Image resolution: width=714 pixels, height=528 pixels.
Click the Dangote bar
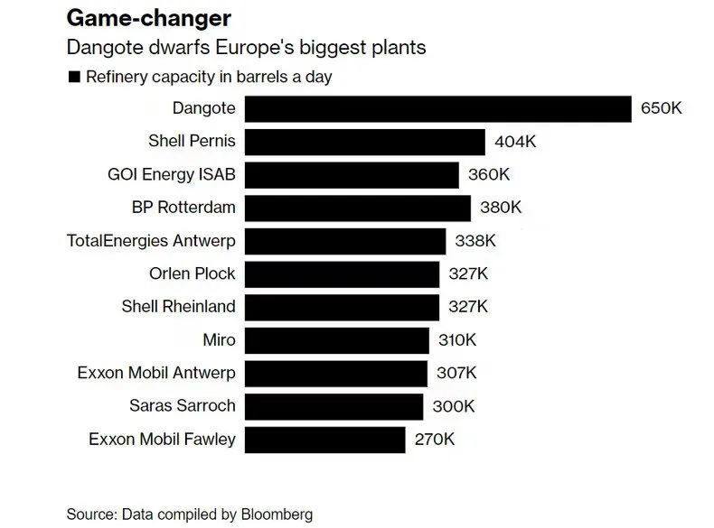(438, 108)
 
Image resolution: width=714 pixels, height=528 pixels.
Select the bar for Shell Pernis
(365, 142)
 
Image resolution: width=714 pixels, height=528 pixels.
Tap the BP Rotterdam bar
(358, 208)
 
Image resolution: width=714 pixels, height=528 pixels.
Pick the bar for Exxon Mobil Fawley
(325, 440)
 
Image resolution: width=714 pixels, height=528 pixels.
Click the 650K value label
(662, 108)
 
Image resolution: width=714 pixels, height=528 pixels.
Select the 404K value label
(516, 142)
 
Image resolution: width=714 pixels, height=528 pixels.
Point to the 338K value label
(475, 241)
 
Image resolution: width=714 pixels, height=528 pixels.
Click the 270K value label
(435, 440)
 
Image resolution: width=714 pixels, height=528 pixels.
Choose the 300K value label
(454, 407)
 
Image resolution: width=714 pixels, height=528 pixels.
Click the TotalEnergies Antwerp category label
(151, 241)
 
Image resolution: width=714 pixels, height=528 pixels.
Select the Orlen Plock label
(192, 273)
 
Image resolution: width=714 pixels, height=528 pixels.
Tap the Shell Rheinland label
(178, 307)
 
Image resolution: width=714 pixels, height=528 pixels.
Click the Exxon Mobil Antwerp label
(157, 374)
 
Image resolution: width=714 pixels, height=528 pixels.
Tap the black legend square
(73, 77)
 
